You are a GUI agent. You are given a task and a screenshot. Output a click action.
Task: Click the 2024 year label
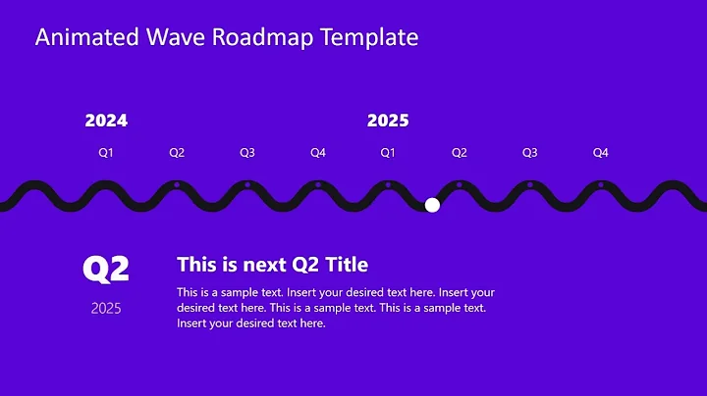point(106,122)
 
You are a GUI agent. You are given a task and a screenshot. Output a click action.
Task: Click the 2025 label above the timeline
point(388,122)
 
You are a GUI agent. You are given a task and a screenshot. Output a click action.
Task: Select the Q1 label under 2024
point(106,153)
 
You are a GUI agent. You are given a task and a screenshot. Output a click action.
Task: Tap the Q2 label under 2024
point(177,153)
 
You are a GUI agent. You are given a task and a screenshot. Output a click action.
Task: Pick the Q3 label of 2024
point(247,153)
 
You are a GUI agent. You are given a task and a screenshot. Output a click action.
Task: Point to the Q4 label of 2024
point(318,153)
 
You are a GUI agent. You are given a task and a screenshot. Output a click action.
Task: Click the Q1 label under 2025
point(388,153)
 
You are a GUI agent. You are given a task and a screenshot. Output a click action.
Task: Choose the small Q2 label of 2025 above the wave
point(459,153)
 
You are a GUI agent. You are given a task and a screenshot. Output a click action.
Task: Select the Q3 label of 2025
point(529,153)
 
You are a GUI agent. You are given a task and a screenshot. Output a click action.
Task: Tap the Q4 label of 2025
point(600,153)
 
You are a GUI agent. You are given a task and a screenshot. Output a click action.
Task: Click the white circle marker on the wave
point(432,204)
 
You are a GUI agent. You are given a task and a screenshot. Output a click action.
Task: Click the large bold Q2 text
point(106,269)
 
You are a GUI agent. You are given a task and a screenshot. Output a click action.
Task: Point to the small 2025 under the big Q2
point(106,309)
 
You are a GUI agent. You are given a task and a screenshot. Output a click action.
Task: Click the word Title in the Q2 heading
point(346,265)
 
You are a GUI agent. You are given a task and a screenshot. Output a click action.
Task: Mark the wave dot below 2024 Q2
point(177,184)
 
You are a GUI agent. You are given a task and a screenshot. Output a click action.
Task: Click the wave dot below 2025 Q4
point(600,184)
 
